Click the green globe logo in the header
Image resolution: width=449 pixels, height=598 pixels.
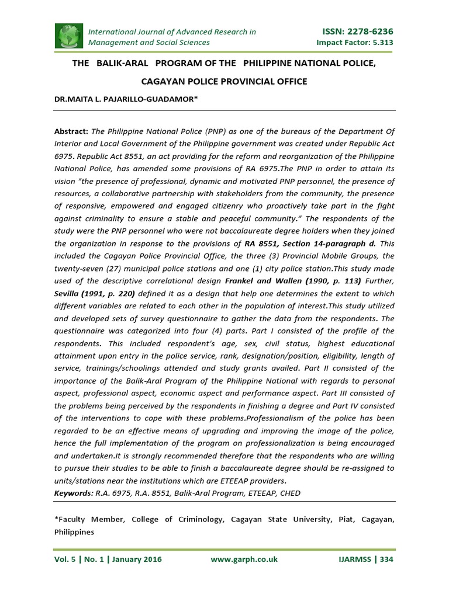70,36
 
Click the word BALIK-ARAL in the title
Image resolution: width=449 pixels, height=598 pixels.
116,62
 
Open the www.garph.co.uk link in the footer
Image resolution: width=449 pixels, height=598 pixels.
244,559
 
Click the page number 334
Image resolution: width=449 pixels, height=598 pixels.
386,559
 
